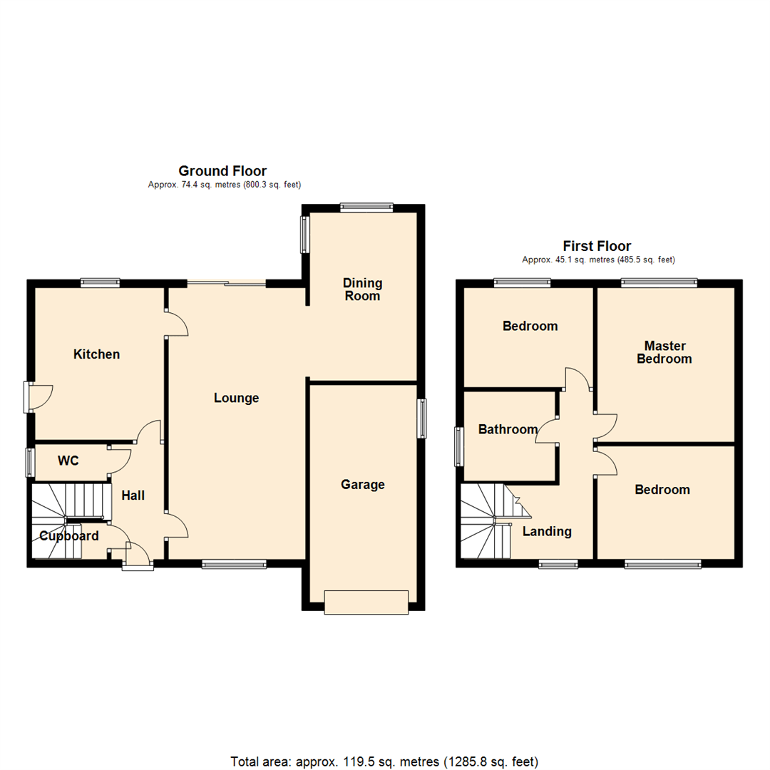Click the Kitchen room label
tap(96, 354)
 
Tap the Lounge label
tap(236, 398)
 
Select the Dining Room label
tap(362, 289)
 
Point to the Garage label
tap(362, 485)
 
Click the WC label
tap(68, 461)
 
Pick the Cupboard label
tap(68, 536)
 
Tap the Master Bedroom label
tap(664, 352)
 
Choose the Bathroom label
tap(508, 429)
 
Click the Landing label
tap(547, 531)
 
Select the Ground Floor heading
tap(222, 171)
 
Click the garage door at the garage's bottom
tap(366, 602)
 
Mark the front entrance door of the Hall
tap(138, 564)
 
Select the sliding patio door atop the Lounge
tap(227, 284)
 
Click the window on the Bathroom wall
tap(460, 446)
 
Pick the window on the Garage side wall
tap(422, 418)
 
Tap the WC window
tap(30, 462)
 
